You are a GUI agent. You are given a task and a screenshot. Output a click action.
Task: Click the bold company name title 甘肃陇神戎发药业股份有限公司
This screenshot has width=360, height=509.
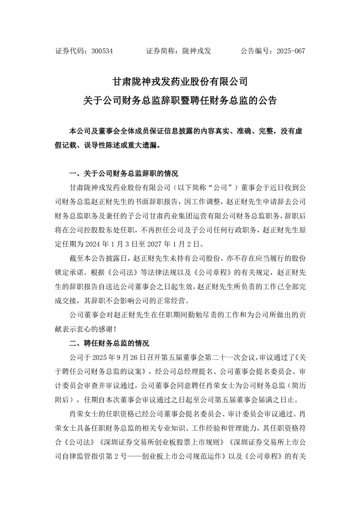[180, 82]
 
